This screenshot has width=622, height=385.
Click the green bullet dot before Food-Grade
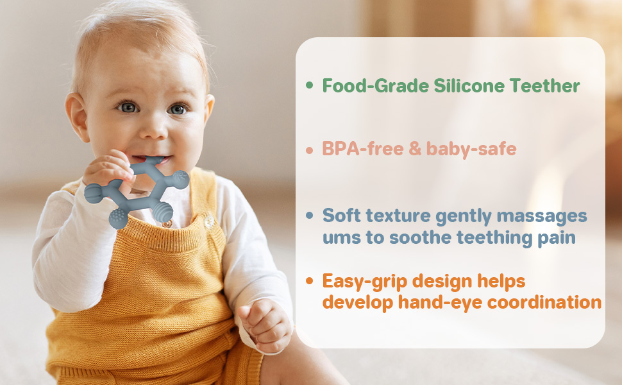[310, 85]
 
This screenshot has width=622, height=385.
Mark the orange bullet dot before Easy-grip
[310, 281]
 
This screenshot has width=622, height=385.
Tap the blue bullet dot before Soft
[310, 215]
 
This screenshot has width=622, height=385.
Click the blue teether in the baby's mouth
[138, 189]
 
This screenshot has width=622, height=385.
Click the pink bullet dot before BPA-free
[310, 150]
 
